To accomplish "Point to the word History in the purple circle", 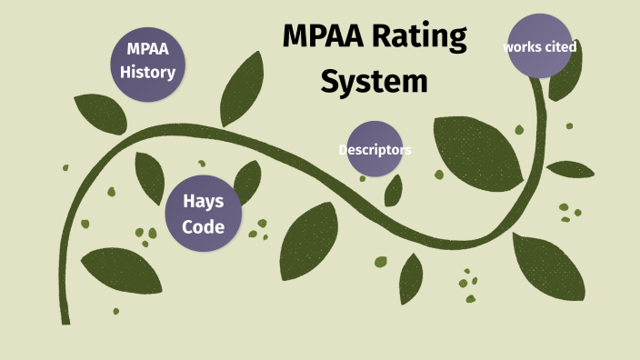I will [x=147, y=71].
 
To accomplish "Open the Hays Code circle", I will [x=203, y=213].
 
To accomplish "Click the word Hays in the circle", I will [x=203, y=201].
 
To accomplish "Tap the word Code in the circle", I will [x=203, y=225].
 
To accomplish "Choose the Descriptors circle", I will [x=375, y=149].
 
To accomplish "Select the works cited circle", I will [x=540, y=46].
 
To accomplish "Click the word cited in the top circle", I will [x=559, y=46].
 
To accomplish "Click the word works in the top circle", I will [x=521, y=46].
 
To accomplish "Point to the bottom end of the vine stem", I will [x=65, y=320].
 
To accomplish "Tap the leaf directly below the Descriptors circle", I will [x=395, y=190].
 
